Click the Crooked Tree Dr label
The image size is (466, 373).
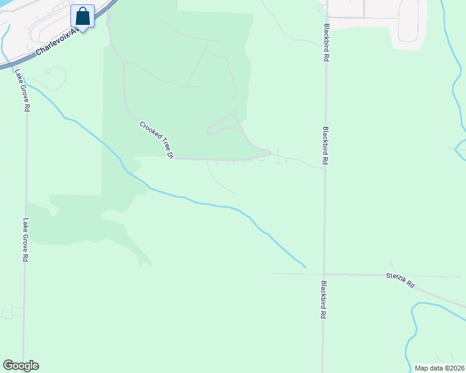coord(156,137)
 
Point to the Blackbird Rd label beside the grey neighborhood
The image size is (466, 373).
coord(326,42)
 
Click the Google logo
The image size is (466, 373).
coord(21,366)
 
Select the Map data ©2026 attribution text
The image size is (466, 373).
coord(439,367)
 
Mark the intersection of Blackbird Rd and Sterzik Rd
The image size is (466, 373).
coord(324,274)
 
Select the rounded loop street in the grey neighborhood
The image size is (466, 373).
coord(409,22)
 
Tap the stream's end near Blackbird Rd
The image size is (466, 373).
coord(305,267)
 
